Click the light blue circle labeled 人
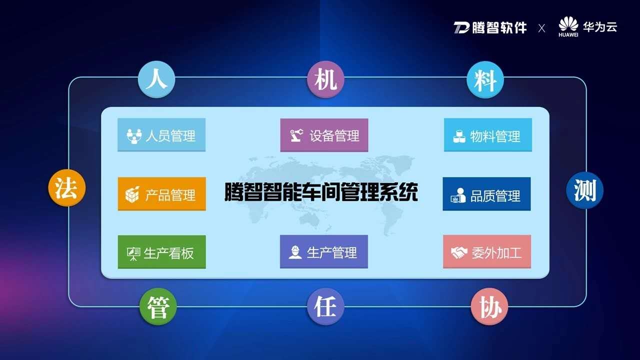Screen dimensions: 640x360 click(x=156, y=79)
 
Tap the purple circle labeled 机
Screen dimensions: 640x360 click(x=325, y=79)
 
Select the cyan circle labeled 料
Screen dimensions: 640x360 click(x=485, y=79)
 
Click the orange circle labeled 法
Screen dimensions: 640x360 click(x=67, y=187)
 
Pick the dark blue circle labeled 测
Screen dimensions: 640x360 click(x=584, y=190)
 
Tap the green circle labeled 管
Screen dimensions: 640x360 click(x=158, y=306)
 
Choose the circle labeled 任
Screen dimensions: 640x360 click(x=325, y=306)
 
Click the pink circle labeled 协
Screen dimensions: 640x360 click(x=489, y=306)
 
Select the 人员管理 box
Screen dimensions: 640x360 click(x=161, y=135)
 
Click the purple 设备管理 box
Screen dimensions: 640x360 click(x=324, y=135)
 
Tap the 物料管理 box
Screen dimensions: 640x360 click(x=487, y=135)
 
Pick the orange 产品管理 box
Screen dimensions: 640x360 click(x=161, y=194)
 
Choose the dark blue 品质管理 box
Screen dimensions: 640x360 click(x=486, y=194)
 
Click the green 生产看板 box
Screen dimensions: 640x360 click(x=161, y=252)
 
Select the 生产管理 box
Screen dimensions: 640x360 click(x=323, y=251)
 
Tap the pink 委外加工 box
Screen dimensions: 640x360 click(x=487, y=251)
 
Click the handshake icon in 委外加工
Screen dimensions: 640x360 click(x=459, y=252)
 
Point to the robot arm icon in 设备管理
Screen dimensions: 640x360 click(x=296, y=135)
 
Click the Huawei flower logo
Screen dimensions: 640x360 click(x=568, y=24)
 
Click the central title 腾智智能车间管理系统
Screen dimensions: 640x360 click(x=321, y=191)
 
